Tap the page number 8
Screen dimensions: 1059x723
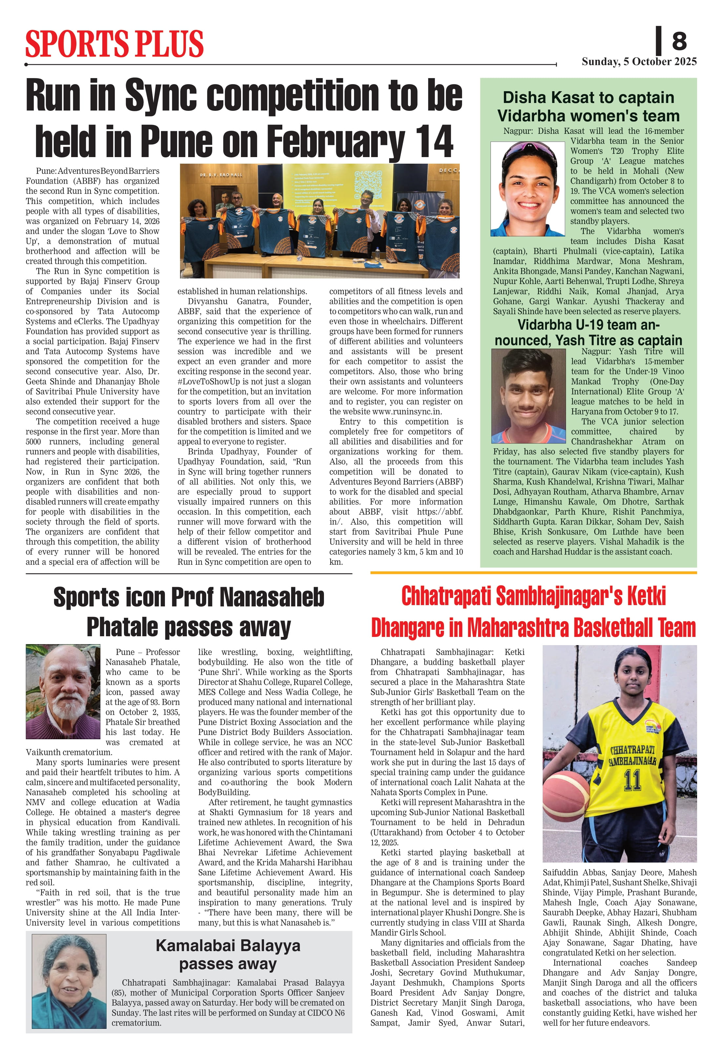(679, 41)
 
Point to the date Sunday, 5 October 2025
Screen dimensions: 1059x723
(639, 62)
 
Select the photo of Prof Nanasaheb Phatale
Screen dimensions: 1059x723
(63, 691)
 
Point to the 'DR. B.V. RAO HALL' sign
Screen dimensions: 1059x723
(221, 174)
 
